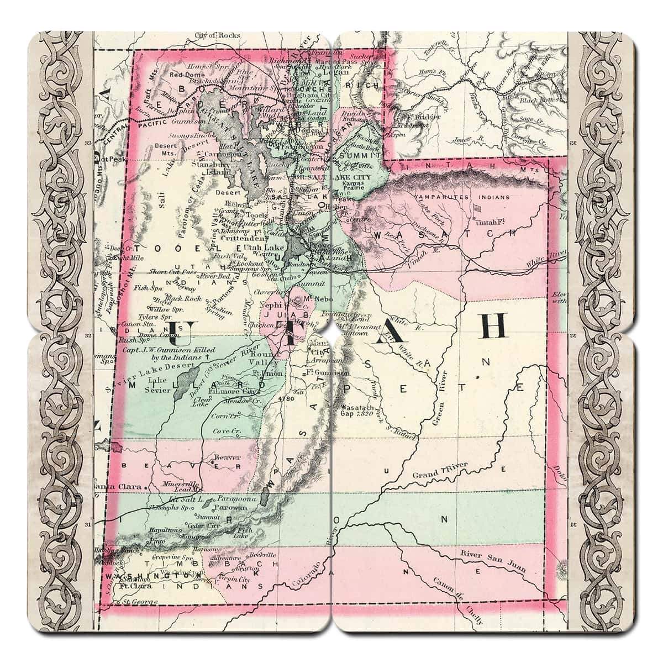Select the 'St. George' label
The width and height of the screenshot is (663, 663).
tap(140, 601)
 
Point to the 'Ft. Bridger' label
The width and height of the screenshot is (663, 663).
tap(423, 117)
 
